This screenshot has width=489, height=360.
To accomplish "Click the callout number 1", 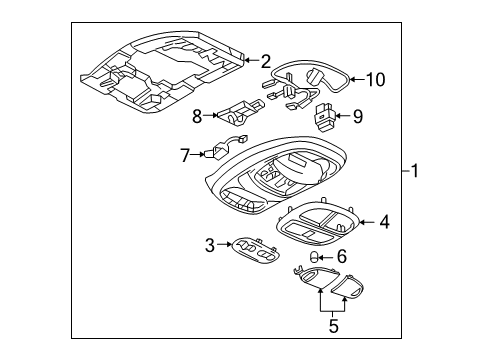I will [x=415, y=172].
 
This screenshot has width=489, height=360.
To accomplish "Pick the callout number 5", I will [x=334, y=324].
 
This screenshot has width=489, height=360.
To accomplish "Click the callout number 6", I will [x=340, y=258].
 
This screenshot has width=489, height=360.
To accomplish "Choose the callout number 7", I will [x=184, y=155].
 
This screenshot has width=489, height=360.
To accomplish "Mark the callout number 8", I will [x=197, y=115].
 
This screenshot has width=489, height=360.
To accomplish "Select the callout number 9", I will [x=358, y=116].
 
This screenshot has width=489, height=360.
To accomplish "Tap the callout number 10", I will [x=374, y=78].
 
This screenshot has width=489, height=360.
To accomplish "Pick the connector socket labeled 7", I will [x=223, y=149].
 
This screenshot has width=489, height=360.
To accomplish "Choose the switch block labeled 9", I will [x=325, y=115].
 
